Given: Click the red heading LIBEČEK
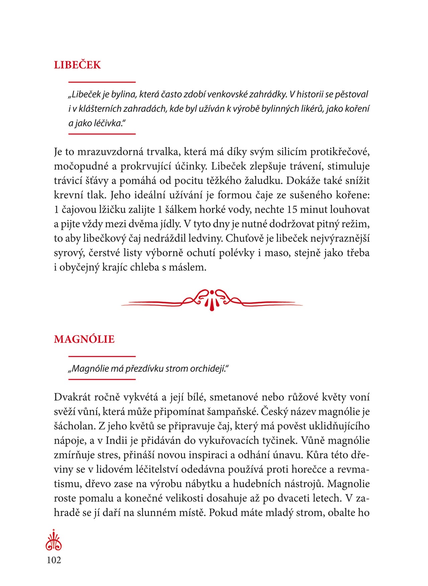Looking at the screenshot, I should click(77, 65).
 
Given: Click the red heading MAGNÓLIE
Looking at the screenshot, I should click(84, 339).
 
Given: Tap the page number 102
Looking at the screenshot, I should click(54, 560).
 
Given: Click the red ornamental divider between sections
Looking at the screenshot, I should click(212, 300).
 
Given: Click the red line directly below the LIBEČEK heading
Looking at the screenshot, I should click(102, 82).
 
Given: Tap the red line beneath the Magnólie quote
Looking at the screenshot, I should click(102, 379).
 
